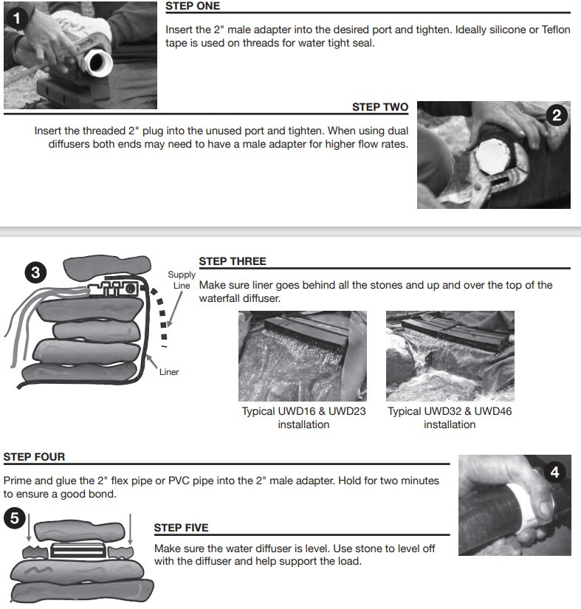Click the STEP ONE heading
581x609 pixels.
(x=193, y=6)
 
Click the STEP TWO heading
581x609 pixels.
(x=379, y=107)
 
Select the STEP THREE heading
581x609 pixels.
(x=233, y=261)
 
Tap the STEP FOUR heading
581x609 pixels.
(x=34, y=457)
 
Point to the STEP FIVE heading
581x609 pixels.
(x=181, y=528)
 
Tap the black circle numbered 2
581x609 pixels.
(x=557, y=114)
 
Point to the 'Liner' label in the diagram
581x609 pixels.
(x=169, y=372)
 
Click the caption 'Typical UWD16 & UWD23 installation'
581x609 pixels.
(x=303, y=418)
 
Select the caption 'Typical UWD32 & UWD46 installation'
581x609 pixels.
(x=450, y=418)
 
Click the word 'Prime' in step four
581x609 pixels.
(x=18, y=481)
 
